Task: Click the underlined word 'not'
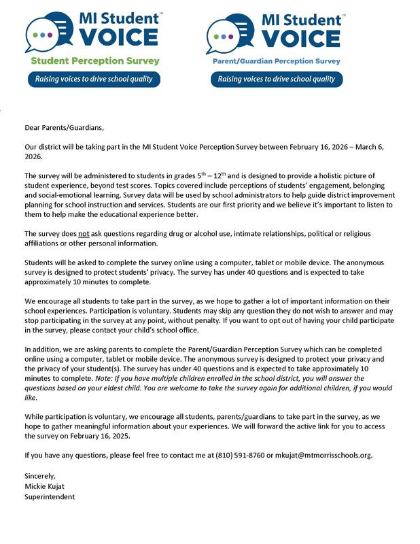pyautogui.click(x=85, y=233)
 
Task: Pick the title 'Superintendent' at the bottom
pyautogui.click(x=50, y=496)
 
